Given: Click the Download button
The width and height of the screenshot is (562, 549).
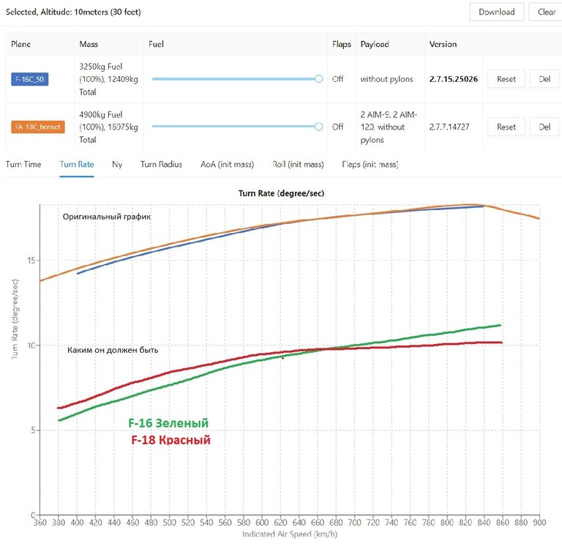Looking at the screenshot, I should pyautogui.click(x=496, y=12).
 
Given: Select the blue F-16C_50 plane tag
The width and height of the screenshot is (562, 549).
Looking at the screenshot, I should pyautogui.click(x=30, y=79).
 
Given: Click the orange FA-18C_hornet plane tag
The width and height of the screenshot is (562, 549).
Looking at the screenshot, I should pyautogui.click(x=38, y=127).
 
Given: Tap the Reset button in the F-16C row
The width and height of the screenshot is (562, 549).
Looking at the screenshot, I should pyautogui.click(x=506, y=79).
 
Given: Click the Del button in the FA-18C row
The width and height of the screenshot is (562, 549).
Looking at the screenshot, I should pyautogui.click(x=544, y=127).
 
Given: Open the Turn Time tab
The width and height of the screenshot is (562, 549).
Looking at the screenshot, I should pyautogui.click(x=23, y=165).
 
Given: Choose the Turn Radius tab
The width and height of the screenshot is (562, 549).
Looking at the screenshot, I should pyautogui.click(x=161, y=165).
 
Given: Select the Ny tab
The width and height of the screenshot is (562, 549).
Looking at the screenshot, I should pyautogui.click(x=117, y=165).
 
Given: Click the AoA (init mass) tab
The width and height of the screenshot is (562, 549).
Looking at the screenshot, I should pyautogui.click(x=227, y=165).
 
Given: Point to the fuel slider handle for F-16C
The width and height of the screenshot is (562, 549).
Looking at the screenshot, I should pyautogui.click(x=318, y=79).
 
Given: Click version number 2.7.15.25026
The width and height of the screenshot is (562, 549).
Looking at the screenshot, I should pyautogui.click(x=454, y=79).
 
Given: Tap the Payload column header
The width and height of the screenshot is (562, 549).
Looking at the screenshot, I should pyautogui.click(x=375, y=44).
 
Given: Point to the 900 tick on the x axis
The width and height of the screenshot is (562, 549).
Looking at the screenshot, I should pyautogui.click(x=539, y=523).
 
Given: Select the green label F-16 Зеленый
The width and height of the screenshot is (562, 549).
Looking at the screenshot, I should pyautogui.click(x=168, y=424).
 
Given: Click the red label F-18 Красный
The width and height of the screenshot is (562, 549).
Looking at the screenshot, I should pyautogui.click(x=171, y=440).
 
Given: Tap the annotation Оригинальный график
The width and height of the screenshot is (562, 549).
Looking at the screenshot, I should pyautogui.click(x=106, y=217).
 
